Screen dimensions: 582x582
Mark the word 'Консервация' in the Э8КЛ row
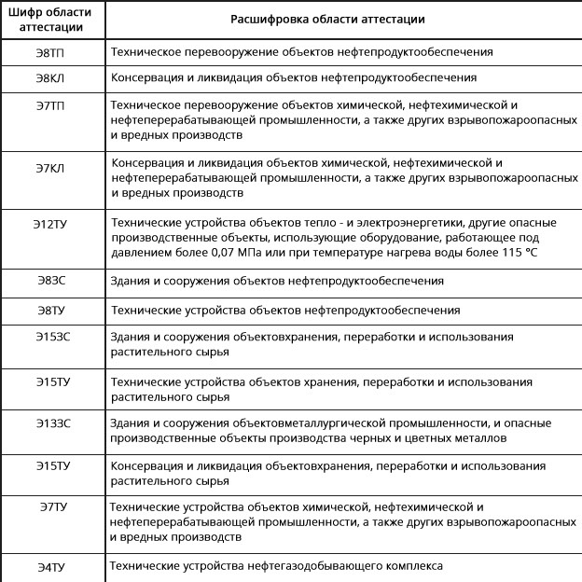pyautogui.click(x=146, y=77)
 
